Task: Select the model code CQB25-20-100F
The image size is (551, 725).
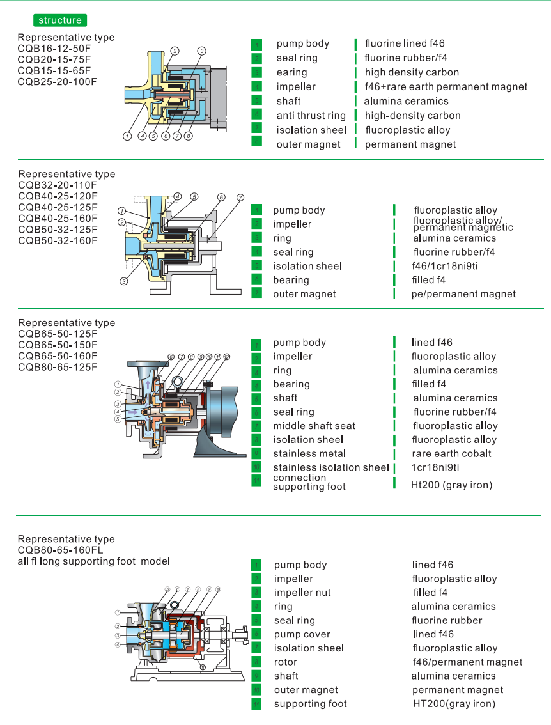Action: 58,81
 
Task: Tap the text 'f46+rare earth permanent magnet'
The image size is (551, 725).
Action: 446,87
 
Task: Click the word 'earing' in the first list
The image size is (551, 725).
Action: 291,72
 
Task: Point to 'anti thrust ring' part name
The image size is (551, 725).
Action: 311,116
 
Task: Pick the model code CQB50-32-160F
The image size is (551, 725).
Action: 58,240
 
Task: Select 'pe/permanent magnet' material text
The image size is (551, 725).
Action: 463,294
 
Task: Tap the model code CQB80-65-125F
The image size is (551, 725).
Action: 58,367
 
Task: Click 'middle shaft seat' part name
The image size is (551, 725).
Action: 314,426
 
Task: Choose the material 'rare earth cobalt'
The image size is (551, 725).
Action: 452,453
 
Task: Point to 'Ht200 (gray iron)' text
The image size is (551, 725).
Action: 451,485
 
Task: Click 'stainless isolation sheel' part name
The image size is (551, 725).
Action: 330,467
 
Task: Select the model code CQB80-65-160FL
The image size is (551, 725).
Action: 60,550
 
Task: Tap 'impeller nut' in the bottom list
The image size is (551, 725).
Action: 302,593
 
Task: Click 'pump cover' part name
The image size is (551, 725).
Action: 302,634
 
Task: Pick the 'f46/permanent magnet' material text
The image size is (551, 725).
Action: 467,662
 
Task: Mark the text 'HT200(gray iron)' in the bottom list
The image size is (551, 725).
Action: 454,704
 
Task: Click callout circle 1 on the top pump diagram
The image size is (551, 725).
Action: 128,136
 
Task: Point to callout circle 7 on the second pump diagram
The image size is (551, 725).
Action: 240,198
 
